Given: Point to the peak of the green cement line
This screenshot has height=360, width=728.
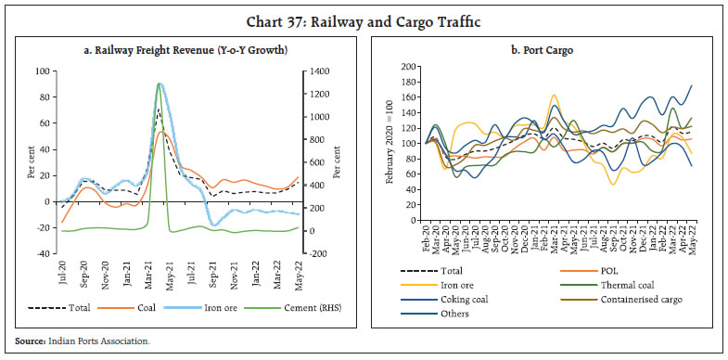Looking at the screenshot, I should coord(160,84).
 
